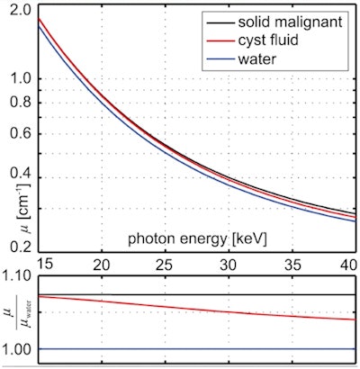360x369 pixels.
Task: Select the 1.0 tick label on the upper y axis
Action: coord(22,78)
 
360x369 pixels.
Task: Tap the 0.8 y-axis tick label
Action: coord(22,100)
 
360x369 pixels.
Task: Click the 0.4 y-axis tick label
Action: coord(22,174)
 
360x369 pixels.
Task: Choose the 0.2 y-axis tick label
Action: coord(22,244)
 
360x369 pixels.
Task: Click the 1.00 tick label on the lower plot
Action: coord(18,348)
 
